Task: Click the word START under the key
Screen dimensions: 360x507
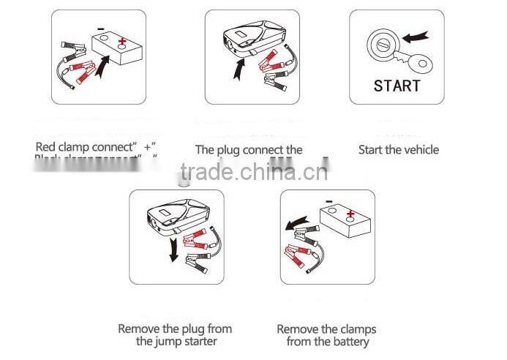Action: (x=397, y=86)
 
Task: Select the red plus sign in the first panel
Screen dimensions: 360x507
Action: (x=121, y=42)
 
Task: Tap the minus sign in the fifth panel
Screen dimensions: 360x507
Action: (x=329, y=203)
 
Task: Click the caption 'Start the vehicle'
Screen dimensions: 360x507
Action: (x=399, y=150)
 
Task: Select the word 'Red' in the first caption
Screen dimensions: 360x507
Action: (x=45, y=147)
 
